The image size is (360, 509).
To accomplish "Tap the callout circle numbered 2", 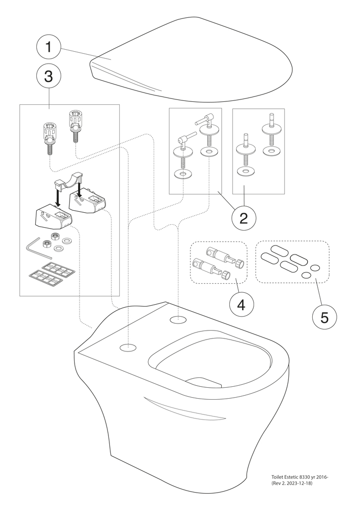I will coord(244,218).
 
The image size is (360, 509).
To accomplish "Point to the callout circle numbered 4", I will coord(241,304).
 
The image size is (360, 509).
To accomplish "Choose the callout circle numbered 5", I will coord(324,317).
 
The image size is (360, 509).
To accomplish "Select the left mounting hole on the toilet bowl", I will coord(128,346).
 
